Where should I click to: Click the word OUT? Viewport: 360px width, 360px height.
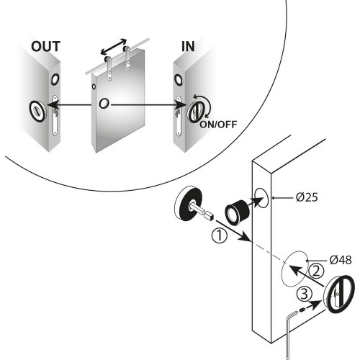pyautogui.click(x=45, y=47)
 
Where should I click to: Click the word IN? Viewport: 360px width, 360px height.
pyautogui.click(x=188, y=47)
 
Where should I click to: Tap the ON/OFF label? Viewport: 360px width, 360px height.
pyautogui.click(x=218, y=125)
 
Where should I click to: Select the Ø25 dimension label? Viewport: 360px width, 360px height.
pyautogui.click(x=307, y=197)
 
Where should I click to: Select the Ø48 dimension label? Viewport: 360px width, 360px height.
pyautogui.click(x=341, y=260)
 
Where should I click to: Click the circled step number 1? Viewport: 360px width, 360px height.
pyautogui.click(x=220, y=235)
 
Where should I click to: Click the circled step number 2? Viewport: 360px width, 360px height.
pyautogui.click(x=316, y=271)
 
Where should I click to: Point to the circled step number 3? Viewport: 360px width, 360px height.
pyautogui.click(x=305, y=294)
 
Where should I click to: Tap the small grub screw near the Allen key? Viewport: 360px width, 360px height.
pyautogui.click(x=302, y=310)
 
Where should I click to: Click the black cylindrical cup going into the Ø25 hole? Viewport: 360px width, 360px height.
pyautogui.click(x=238, y=212)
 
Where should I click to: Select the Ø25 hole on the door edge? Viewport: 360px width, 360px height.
pyautogui.click(x=261, y=198)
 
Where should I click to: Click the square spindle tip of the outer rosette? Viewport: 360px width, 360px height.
pyautogui.click(x=208, y=215)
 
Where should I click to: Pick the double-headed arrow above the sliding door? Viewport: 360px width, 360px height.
pyautogui.click(x=114, y=46)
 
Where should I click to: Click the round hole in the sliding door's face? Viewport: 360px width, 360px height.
pyautogui.click(x=104, y=104)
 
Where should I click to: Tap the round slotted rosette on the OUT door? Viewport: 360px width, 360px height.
pyautogui.click(x=38, y=112)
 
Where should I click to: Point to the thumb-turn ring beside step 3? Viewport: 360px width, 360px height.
pyautogui.click(x=339, y=294)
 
